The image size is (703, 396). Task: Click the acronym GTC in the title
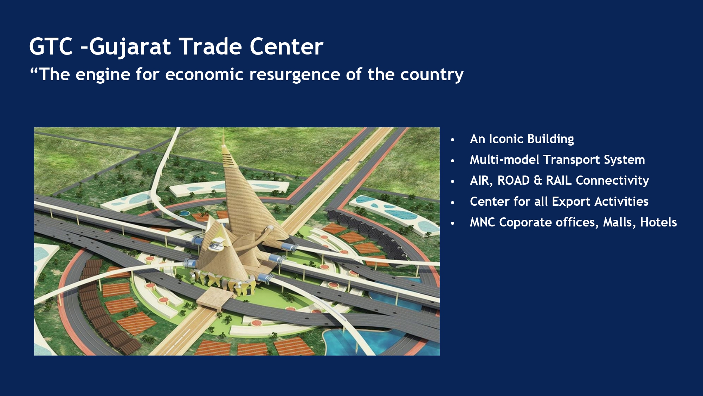(51, 46)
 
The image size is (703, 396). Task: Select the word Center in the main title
(286, 46)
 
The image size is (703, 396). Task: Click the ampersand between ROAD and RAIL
(538, 180)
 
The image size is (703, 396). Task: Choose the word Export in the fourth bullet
(572, 202)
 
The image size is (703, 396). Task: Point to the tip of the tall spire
(224, 129)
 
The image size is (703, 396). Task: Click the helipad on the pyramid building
(216, 244)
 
